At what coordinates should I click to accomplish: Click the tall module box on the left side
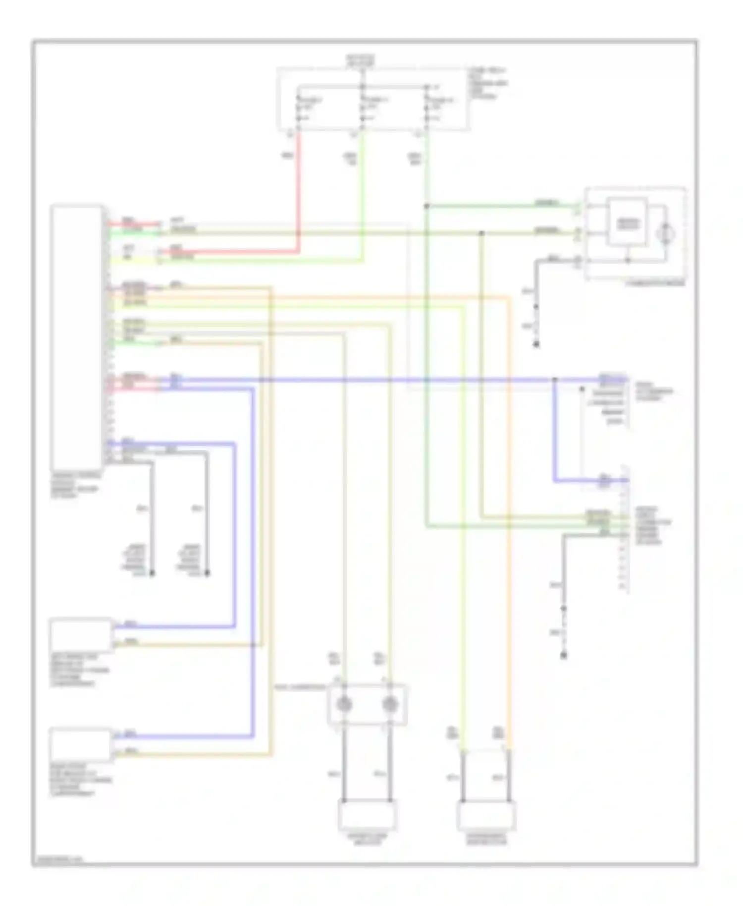pyautogui.click(x=77, y=337)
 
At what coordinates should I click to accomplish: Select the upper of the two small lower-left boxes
pyautogui.click(x=81, y=634)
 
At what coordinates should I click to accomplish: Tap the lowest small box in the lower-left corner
pyautogui.click(x=81, y=744)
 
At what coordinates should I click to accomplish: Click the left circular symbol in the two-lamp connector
pyautogui.click(x=344, y=704)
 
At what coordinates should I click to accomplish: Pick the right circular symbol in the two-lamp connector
pyautogui.click(x=390, y=704)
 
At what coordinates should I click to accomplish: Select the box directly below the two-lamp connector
pyautogui.click(x=367, y=815)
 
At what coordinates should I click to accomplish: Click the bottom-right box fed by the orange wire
pyautogui.click(x=486, y=815)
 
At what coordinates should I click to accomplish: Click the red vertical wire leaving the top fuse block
pyautogui.click(x=299, y=188)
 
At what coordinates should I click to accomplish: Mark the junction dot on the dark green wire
pyautogui.click(x=426, y=206)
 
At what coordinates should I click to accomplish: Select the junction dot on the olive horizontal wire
pyautogui.click(x=482, y=232)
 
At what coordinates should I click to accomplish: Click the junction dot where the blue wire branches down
pyautogui.click(x=555, y=380)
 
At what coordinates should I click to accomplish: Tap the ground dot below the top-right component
pyautogui.click(x=536, y=344)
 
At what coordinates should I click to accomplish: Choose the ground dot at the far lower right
pyautogui.click(x=563, y=655)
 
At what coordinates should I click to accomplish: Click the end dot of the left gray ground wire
pyautogui.click(x=152, y=573)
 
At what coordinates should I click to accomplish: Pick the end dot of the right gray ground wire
pyautogui.click(x=207, y=573)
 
